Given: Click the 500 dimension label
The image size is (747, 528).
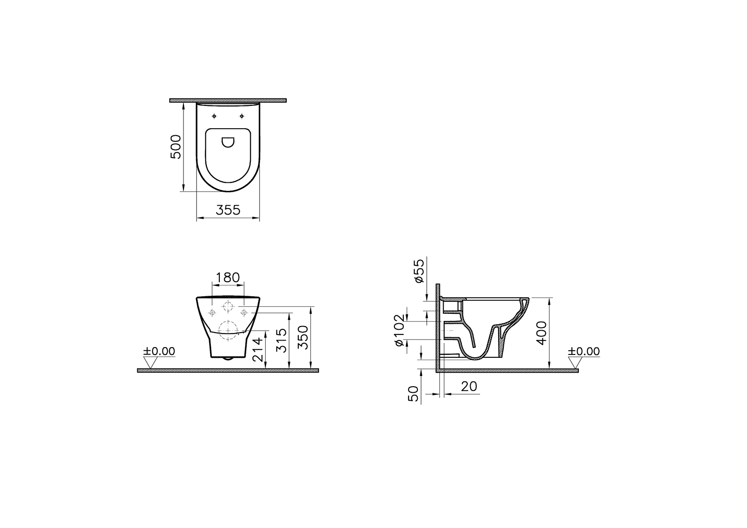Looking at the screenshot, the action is point(176,146).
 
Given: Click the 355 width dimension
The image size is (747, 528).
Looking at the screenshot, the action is point(228,210).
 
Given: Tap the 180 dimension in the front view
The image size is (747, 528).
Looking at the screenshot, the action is point(228,277).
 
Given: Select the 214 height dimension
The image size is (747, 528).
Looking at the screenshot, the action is point(258,350).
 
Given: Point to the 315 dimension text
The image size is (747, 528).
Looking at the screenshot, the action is point(282,340).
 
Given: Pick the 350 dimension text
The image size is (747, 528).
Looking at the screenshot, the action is point(303,337).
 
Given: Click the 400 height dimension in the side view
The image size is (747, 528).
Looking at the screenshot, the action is point(542,333).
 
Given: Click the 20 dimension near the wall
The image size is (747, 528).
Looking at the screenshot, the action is point(469,386).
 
